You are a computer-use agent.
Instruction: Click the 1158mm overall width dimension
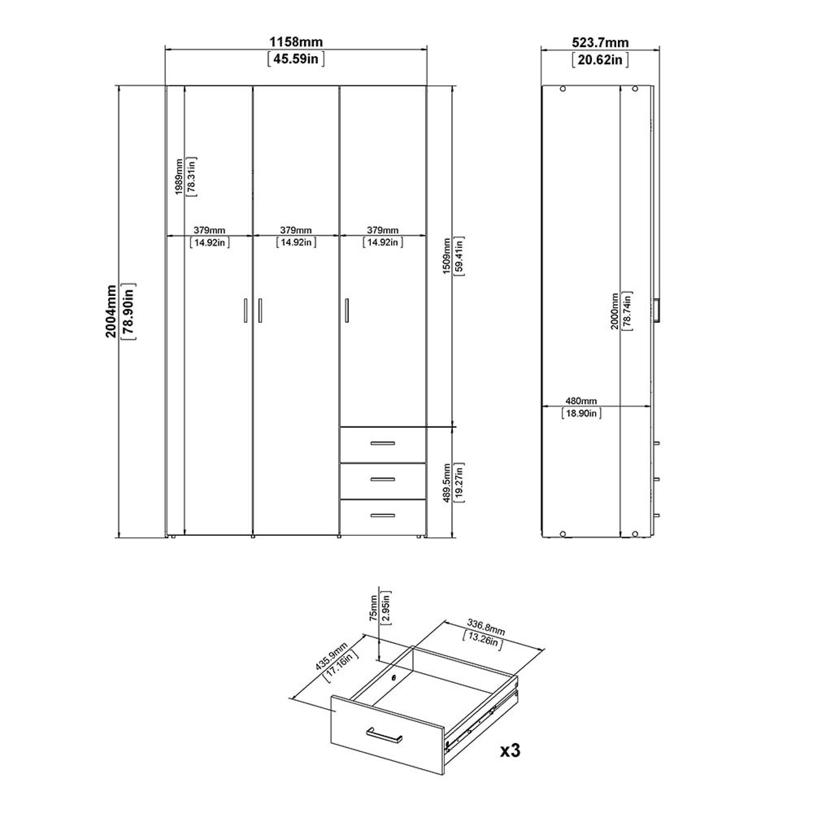296,42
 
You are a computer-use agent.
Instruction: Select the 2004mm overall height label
111,311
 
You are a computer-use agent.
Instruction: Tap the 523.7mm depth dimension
600,43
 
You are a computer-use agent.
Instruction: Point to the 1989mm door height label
179,177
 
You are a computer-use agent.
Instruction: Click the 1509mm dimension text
447,256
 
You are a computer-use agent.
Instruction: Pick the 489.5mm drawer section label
447,483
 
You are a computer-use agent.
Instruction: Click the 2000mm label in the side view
615,311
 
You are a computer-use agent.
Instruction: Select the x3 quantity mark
510,750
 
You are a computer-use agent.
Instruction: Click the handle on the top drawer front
383,443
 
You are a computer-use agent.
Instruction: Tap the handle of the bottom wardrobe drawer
383,515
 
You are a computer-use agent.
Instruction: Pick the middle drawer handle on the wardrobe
383,479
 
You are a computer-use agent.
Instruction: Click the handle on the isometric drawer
384,734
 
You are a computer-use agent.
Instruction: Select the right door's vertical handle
347,311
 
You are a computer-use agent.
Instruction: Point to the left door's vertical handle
246,311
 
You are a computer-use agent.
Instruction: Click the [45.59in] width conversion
296,59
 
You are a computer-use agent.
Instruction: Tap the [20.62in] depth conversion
600,60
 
